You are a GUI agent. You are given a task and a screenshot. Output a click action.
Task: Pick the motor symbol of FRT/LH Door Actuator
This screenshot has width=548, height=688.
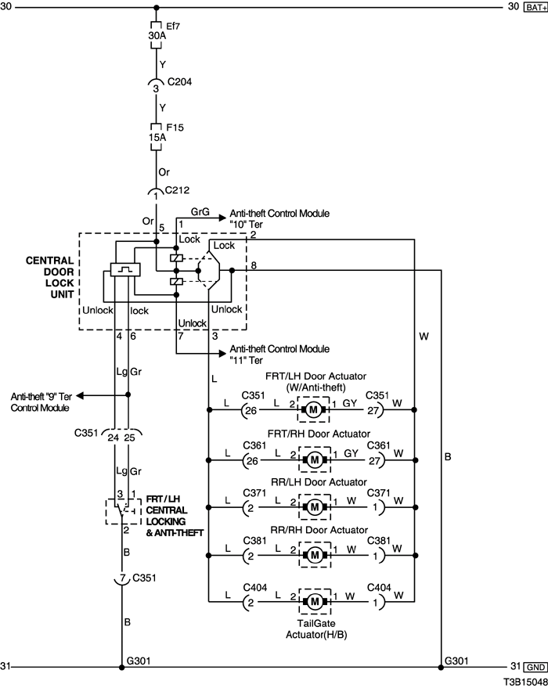(313, 409)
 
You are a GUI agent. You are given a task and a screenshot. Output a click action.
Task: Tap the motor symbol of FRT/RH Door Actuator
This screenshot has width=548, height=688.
(313, 458)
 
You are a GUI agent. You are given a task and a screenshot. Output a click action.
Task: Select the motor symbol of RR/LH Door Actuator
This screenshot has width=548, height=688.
(313, 506)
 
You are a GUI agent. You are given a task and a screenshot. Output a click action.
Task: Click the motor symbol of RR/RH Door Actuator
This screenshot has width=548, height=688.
(313, 554)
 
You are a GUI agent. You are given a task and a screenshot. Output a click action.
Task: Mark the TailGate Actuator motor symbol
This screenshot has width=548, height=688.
(313, 602)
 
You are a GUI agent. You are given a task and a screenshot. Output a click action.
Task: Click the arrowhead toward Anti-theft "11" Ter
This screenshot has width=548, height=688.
(224, 353)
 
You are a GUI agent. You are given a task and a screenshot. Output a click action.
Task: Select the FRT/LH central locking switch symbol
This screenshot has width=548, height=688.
(121, 509)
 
